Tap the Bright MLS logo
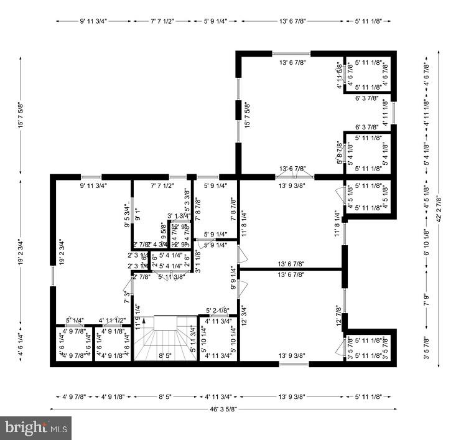click(35, 428)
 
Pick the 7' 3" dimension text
click(127, 297)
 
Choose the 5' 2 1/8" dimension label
click(217, 310)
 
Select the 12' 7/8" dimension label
click(339, 316)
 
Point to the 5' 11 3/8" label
click(171, 276)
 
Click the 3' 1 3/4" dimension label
click(178, 216)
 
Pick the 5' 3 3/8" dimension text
click(187, 196)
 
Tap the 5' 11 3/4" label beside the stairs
click(193, 339)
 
